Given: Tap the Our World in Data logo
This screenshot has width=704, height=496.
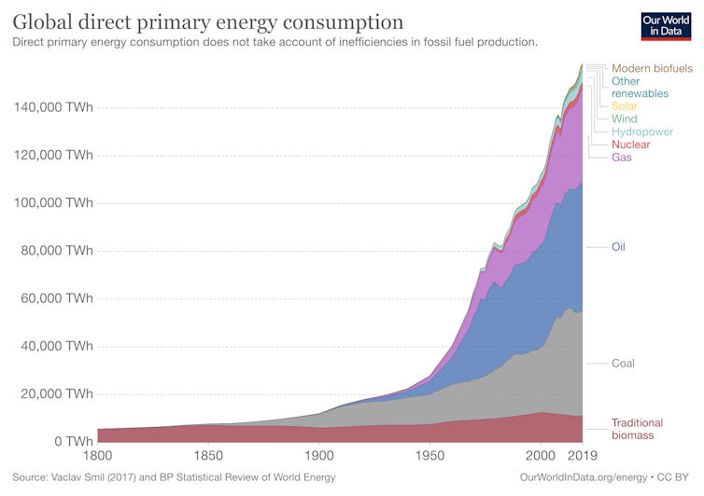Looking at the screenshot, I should point(667,26).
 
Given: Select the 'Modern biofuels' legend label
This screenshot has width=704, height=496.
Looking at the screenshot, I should point(652,68).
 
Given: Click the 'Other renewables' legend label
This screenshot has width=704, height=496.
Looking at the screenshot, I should point(640,88).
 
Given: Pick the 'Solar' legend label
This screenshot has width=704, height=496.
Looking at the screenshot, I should point(625,106).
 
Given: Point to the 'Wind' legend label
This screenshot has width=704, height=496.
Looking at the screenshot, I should point(624,119).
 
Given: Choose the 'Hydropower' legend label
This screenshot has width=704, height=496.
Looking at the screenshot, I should point(642,132).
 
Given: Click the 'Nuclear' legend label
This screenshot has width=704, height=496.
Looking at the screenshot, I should point(630,145).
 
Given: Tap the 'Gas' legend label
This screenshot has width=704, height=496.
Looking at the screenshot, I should point(622,158).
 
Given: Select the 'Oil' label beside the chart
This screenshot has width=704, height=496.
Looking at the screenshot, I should point(618,247).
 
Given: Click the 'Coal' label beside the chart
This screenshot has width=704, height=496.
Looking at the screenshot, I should point(623,363).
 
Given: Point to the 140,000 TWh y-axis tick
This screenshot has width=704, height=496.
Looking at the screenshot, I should point(53,108).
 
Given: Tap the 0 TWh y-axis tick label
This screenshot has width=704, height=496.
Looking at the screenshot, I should point(73,441).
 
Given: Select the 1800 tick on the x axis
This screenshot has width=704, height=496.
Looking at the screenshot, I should point(98,456).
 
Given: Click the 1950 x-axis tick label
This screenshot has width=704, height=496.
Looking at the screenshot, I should point(429,456).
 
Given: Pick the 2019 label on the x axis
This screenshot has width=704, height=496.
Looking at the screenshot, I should point(582,456).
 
